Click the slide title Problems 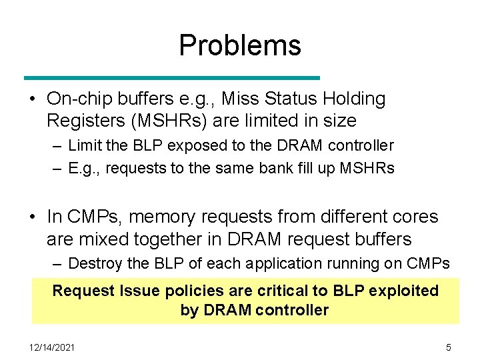240,45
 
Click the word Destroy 95,263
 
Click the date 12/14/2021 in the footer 53,347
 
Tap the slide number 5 448,347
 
